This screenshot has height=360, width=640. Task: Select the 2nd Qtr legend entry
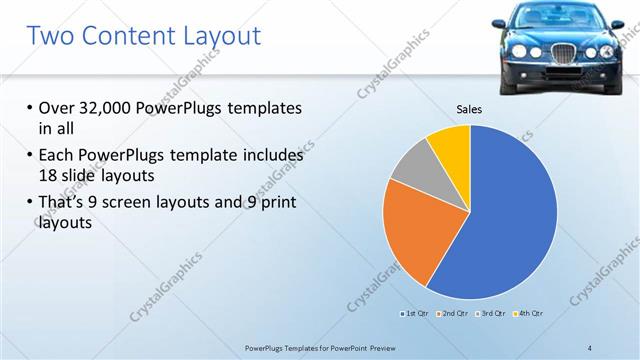click(x=455, y=314)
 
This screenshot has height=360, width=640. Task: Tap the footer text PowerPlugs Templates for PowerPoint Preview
click(x=331, y=347)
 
